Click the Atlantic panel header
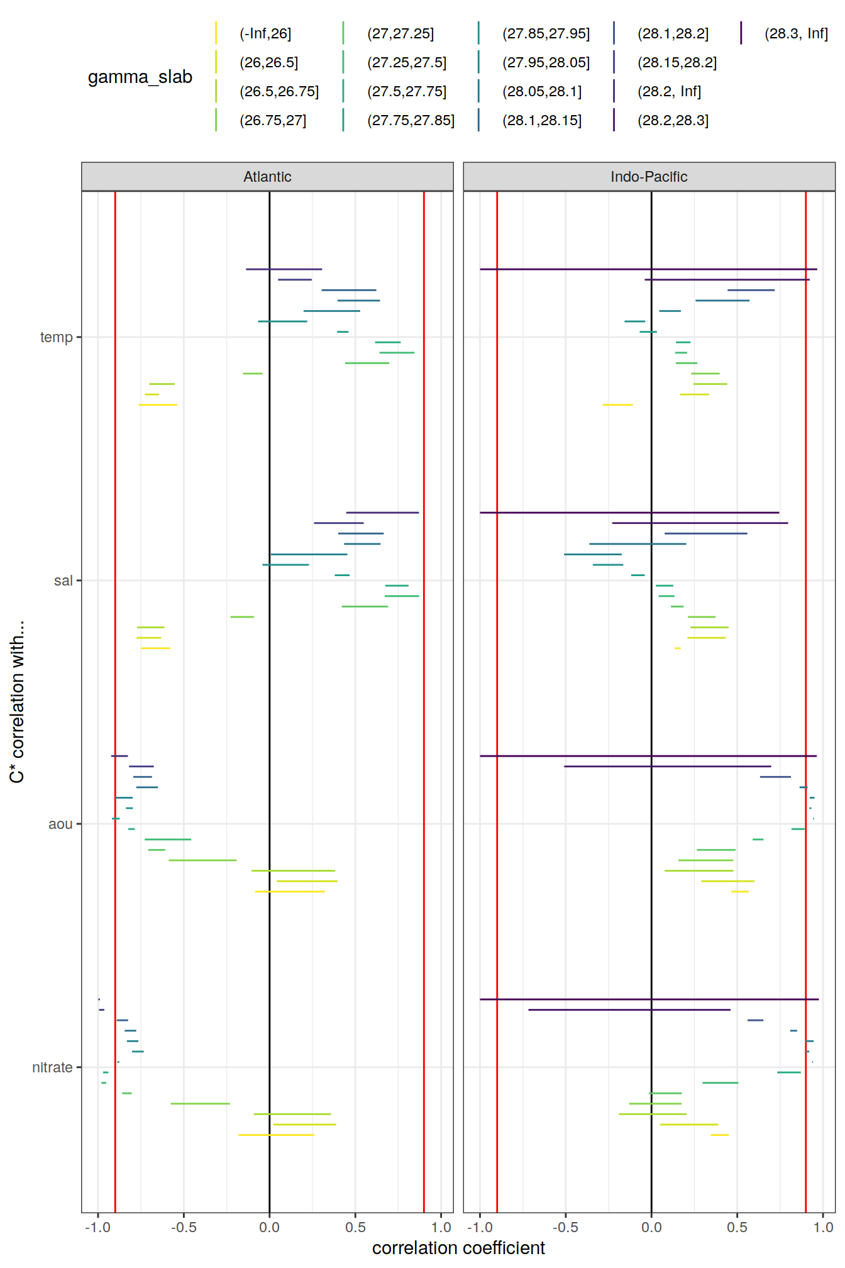[267, 177]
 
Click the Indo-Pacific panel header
[649, 177]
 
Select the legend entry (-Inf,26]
[265, 34]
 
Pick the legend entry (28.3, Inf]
[796, 34]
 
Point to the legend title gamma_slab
[140, 77]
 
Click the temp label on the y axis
[57, 337]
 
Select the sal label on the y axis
[63, 581]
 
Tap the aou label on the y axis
[60, 824]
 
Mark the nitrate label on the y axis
[52, 1067]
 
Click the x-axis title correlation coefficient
[458, 1248]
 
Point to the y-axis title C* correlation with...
[17, 701]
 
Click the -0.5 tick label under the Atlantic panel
[184, 1227]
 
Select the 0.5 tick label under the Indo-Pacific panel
[737, 1227]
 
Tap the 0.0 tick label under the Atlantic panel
[269, 1227]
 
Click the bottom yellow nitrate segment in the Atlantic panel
[276, 1135]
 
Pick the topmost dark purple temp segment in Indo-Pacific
[648, 269]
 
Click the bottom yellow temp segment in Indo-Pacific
[618, 404]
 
